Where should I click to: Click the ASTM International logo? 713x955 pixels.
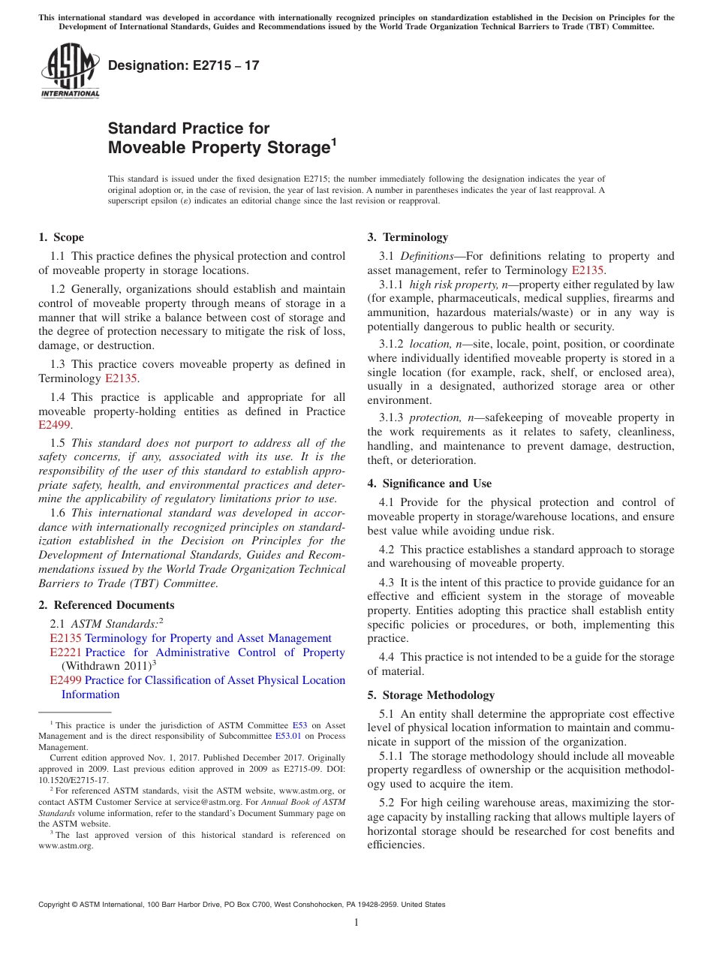pyautogui.click(x=69, y=71)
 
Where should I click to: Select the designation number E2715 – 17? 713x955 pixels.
pyautogui.click(x=184, y=65)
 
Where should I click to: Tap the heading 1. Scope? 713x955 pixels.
pyautogui.click(x=62, y=237)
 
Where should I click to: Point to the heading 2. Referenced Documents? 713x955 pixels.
pyautogui.click(x=107, y=605)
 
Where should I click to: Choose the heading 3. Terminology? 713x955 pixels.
pyautogui.click(x=408, y=237)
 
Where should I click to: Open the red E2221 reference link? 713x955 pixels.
pyautogui.click(x=65, y=652)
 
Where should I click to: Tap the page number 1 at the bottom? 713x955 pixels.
pyautogui.click(x=356, y=922)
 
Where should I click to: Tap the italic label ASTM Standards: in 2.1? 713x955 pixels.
pyautogui.click(x=113, y=623)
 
